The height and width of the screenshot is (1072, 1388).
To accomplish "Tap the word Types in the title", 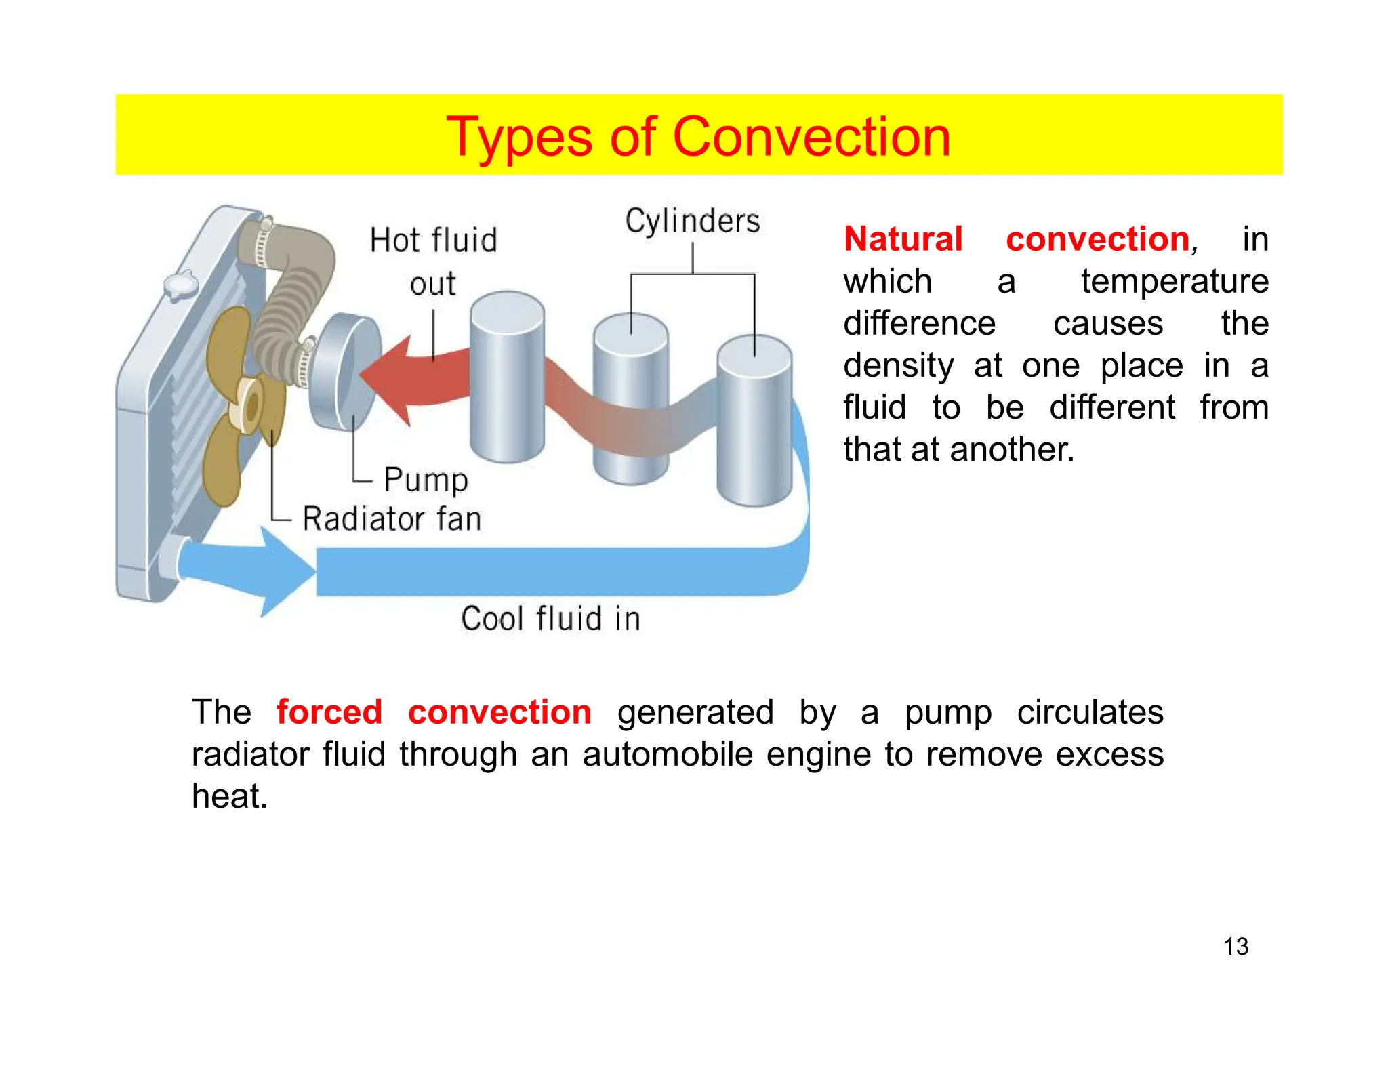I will pyautogui.click(x=518, y=138).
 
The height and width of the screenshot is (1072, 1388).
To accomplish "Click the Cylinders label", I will pyautogui.click(x=692, y=222).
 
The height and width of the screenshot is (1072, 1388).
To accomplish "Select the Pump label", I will pyautogui.click(x=426, y=480).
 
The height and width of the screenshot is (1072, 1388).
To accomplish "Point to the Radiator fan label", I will pyautogui.click(x=392, y=519).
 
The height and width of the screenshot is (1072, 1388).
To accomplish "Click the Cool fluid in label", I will pyautogui.click(x=550, y=619).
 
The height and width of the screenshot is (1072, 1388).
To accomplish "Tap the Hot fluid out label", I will pyautogui.click(x=433, y=262).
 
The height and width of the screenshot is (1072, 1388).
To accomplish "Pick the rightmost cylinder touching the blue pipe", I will pyautogui.click(x=754, y=420).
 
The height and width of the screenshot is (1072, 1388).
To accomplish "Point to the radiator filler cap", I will pyautogui.click(x=180, y=285).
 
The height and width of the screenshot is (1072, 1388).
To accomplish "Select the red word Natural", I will pyautogui.click(x=903, y=239).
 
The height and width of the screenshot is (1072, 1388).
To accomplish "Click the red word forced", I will pyautogui.click(x=329, y=712).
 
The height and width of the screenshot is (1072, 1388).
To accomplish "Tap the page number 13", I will pyautogui.click(x=1236, y=947).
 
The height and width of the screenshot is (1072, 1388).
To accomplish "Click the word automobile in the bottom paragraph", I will pyautogui.click(x=667, y=754).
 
